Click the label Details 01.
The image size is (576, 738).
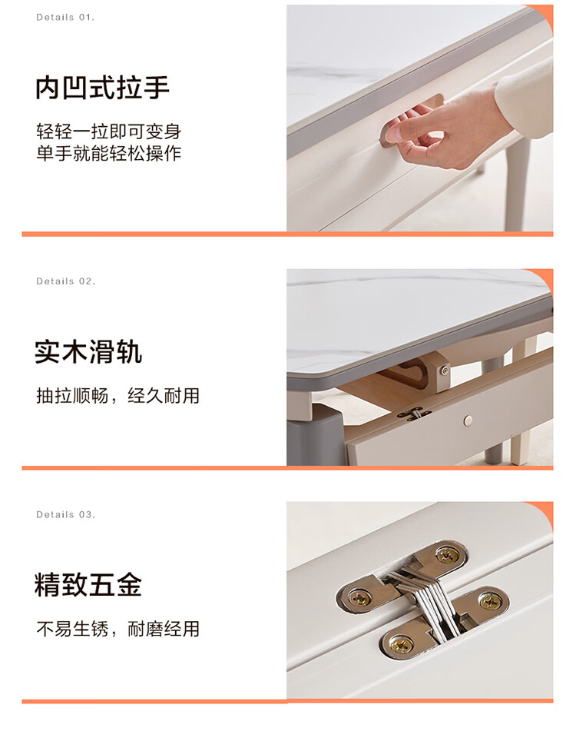pyautogui.click(x=65, y=18)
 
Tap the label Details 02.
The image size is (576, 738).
pyautogui.click(x=66, y=281)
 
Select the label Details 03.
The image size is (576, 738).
pyautogui.click(x=66, y=514)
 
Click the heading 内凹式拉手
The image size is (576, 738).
pyautogui.click(x=102, y=88)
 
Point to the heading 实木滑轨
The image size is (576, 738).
pyautogui.click(x=88, y=351)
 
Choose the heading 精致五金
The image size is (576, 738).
pyautogui.click(x=88, y=584)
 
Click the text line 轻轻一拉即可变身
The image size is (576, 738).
pyautogui.click(x=108, y=131)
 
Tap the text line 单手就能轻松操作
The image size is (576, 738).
pyautogui.click(x=108, y=153)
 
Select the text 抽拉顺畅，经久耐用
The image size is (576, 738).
pyautogui.click(x=118, y=396)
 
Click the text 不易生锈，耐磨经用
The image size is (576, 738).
pyautogui.click(x=118, y=629)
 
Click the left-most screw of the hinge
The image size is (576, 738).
pyautogui.click(x=359, y=598)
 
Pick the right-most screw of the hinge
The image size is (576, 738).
pyautogui.click(x=490, y=600)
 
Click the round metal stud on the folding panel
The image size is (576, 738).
pyautogui.click(x=468, y=421)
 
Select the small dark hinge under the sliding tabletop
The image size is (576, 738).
pyautogui.click(x=414, y=414)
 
